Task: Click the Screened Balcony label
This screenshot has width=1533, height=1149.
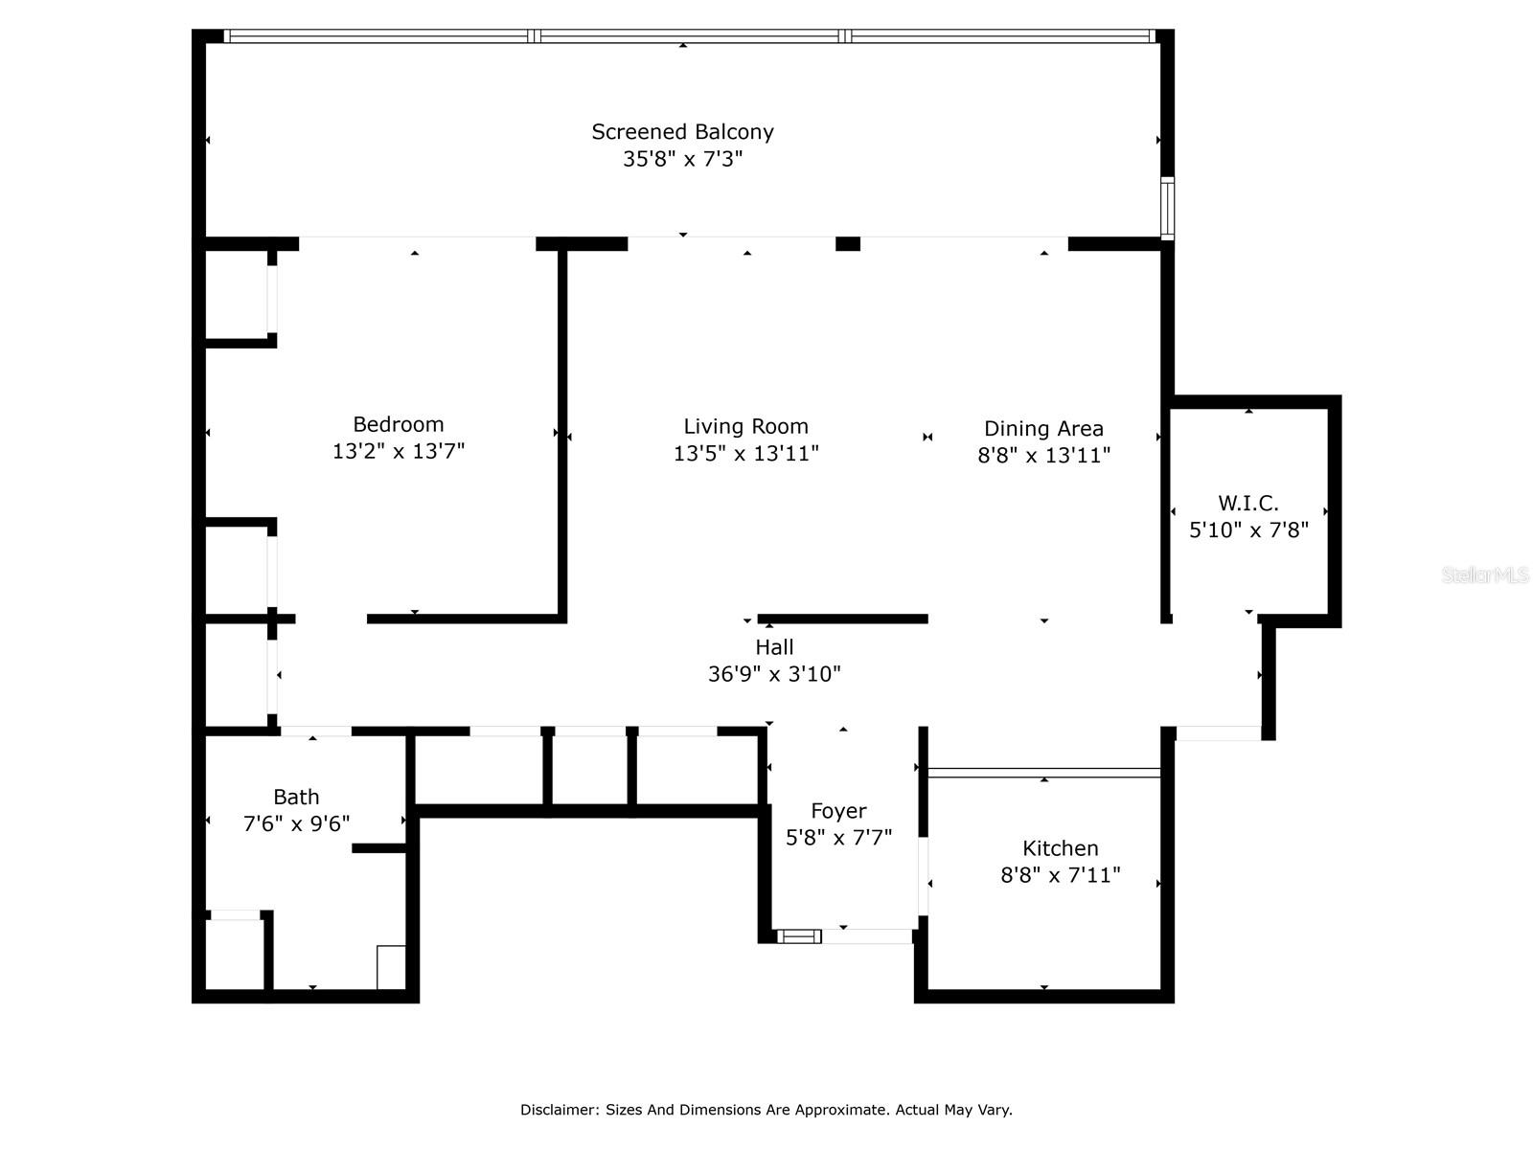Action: point(682,132)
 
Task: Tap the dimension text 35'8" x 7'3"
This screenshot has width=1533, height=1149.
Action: point(682,159)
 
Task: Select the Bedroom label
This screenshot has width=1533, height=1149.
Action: point(398,424)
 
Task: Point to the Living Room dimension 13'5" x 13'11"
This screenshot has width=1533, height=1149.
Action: point(745,453)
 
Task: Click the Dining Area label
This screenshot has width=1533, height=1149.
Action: point(1043,429)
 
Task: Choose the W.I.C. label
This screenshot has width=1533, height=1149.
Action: point(1247,503)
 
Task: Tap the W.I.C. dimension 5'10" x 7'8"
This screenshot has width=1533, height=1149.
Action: point(1247,529)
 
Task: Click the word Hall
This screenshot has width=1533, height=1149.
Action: point(774,647)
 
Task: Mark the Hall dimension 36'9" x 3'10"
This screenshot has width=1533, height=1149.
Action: point(774,674)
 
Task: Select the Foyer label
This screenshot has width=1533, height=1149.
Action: point(838,811)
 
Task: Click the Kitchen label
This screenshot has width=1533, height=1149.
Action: point(1060,848)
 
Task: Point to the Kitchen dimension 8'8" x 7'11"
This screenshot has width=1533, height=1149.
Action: point(1060,875)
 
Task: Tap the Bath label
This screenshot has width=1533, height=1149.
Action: point(296,797)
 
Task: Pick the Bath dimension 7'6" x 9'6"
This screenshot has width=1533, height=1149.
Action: point(296,823)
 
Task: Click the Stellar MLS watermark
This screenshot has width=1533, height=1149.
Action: point(1484,575)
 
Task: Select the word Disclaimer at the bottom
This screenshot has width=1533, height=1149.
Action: point(559,1110)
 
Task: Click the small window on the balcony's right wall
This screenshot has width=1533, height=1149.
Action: point(1167,208)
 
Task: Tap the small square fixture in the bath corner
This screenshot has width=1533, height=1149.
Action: point(391,967)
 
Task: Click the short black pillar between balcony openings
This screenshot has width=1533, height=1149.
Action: point(847,244)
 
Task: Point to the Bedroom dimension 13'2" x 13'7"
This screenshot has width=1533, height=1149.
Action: point(398,451)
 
